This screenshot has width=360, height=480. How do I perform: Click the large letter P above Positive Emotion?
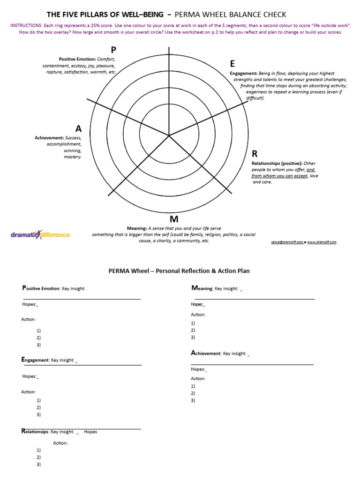(113, 50)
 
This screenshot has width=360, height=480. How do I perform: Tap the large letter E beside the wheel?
(232, 64)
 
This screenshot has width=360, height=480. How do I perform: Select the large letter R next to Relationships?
(255, 154)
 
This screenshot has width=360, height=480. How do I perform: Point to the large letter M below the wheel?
(174, 219)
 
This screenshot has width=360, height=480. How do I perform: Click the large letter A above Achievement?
(78, 128)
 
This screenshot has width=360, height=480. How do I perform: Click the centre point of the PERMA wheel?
(169, 135)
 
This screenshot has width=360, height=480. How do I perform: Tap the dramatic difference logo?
(40, 234)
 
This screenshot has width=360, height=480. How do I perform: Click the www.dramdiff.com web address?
(322, 242)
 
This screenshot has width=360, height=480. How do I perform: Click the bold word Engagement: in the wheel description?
(243, 74)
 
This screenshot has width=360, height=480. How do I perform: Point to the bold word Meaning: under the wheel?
(137, 228)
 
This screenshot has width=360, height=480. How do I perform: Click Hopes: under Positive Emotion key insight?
(29, 304)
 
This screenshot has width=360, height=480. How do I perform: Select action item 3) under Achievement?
(193, 400)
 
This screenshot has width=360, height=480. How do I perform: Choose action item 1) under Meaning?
(193, 323)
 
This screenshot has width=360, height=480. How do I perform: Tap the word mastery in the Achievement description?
(73, 157)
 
